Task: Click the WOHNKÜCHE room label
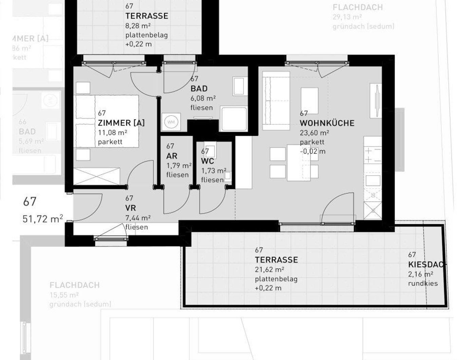[x=327, y=123]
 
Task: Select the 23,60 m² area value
[x=314, y=133]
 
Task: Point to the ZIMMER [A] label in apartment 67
[x=121, y=123]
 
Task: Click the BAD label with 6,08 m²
[x=199, y=89]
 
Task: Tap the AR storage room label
[x=172, y=156]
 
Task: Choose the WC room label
[x=207, y=161]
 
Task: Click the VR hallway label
[x=130, y=208]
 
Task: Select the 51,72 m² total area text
[x=43, y=219]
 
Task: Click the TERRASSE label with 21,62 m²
[x=276, y=260]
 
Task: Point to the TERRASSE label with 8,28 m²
[x=147, y=16]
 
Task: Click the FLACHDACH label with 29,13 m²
[x=357, y=7]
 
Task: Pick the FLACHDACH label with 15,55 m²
[x=74, y=285]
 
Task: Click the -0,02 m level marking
[x=312, y=151]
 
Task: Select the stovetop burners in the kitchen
[x=372, y=155]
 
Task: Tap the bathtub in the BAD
[x=234, y=119]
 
